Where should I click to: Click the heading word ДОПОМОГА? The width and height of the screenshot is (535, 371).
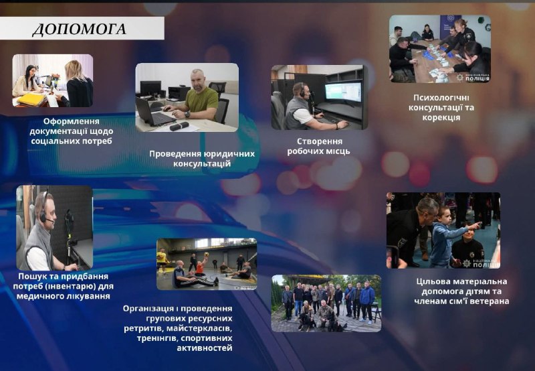pyautogui.click(x=80, y=29)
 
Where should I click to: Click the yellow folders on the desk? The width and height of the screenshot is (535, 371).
pyautogui.click(x=31, y=99)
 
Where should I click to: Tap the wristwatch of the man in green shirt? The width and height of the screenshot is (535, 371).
pyautogui.click(x=187, y=114)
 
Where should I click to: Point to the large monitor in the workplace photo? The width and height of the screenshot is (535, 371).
pyautogui.click(x=343, y=92)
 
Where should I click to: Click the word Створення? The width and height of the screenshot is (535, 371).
pyautogui.click(x=320, y=141)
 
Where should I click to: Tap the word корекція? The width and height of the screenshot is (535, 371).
pyautogui.click(x=441, y=117)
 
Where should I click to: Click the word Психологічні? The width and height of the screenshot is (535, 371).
pyautogui.click(x=441, y=98)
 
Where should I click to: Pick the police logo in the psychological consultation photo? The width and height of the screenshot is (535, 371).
pyautogui.click(x=473, y=78)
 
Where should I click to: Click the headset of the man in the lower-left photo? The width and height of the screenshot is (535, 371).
pyautogui.click(x=43, y=210)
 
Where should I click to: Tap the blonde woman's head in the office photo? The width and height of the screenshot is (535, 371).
pyautogui.click(x=76, y=70)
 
